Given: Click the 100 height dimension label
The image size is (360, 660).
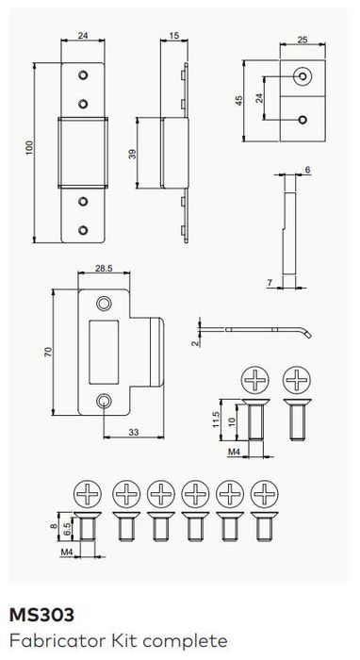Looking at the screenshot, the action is [x=29, y=148].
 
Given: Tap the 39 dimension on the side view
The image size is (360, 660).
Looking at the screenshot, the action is [x=133, y=154].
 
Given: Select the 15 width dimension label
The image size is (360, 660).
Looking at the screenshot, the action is [x=173, y=36].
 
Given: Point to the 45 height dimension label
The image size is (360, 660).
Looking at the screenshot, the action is [x=238, y=101].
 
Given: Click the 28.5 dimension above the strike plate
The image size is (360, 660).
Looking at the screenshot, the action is [x=104, y=268].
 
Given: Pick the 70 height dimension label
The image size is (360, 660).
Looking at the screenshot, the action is [x=47, y=352].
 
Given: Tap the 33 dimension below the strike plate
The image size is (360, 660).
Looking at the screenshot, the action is [x=134, y=432].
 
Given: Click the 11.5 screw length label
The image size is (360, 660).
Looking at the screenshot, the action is [x=216, y=420].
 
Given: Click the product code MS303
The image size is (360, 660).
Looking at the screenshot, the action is [x=41, y=615].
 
